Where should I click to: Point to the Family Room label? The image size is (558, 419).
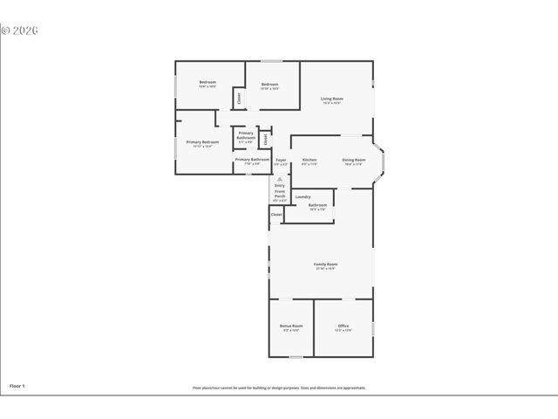(325, 265)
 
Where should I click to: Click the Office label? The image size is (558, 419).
(343, 327)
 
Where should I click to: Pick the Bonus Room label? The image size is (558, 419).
(291, 327)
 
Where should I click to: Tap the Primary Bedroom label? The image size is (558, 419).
(202, 143)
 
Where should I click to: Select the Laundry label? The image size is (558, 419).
(303, 196)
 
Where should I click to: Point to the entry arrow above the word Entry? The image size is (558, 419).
(279, 178)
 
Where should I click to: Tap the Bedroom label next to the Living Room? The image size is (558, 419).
(269, 86)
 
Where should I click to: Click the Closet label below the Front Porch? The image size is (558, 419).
(276, 214)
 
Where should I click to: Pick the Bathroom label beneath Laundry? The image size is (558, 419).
(316, 206)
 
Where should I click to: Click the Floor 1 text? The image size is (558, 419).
(17, 385)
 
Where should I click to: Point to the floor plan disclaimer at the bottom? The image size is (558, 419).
(279, 388)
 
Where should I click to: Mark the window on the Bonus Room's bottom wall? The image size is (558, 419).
(296, 357)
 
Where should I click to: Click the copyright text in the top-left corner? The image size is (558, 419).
(19, 31)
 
